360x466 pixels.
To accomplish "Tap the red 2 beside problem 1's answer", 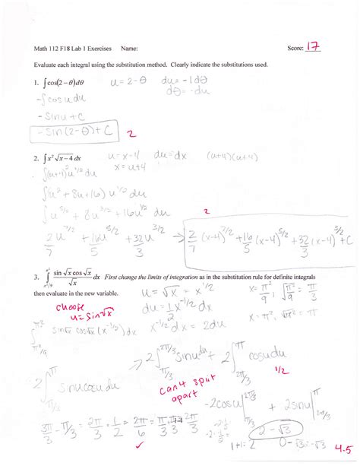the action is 131,133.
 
